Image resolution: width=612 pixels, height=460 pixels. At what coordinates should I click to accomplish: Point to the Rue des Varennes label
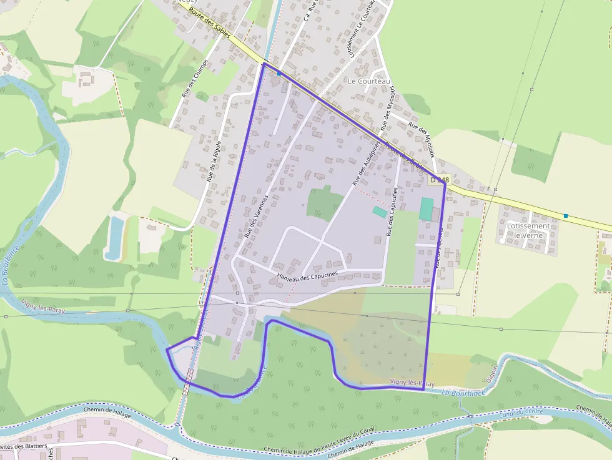point(256,217)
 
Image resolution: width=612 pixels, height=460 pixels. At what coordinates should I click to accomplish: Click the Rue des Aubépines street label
point(367,163)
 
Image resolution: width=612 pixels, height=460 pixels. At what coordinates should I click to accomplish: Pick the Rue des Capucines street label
point(392,212)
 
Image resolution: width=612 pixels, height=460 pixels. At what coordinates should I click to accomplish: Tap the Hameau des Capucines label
point(307,275)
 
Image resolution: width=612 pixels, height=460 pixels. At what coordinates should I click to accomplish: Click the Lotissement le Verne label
point(528,230)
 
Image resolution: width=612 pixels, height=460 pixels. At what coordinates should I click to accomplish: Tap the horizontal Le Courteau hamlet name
point(368,81)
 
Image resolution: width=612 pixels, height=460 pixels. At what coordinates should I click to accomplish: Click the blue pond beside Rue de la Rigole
point(114,238)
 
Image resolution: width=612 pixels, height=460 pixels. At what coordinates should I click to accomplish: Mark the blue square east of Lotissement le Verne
point(566,216)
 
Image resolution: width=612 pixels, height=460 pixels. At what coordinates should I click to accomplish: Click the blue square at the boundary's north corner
point(279,73)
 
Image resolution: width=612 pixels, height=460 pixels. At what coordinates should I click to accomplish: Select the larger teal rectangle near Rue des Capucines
point(427,208)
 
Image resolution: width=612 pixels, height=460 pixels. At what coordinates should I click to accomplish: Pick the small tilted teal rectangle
point(380,212)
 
